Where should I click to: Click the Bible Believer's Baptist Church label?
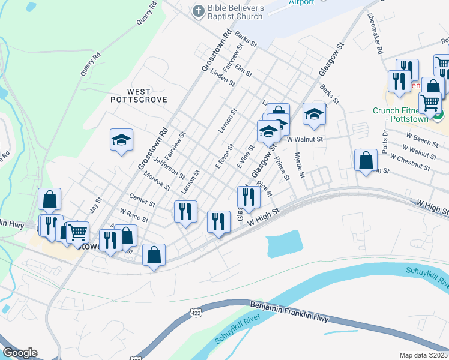point(235,12)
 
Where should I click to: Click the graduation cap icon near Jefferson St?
point(121,140)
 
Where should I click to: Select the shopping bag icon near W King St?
point(366,161)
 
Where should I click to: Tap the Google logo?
point(20,352)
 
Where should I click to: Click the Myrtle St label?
point(300,166)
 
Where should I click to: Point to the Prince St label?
point(282,168)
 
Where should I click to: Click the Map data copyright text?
point(424,355)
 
